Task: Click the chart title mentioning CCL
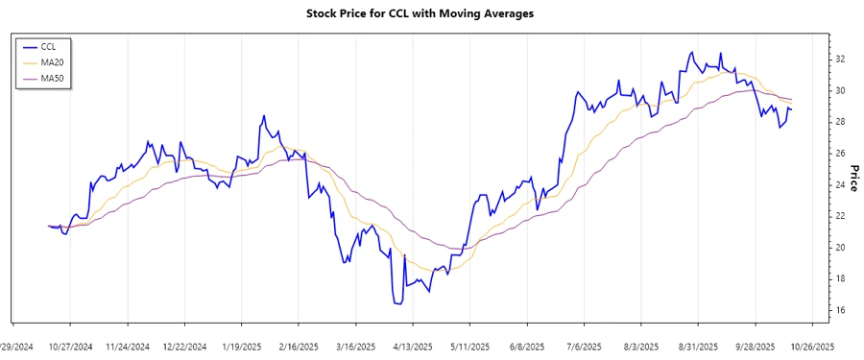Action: tap(432, 13)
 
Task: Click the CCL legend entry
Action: tap(49, 46)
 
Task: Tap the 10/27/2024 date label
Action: tap(71, 347)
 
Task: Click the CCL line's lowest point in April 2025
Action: tap(398, 304)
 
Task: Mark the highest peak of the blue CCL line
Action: tap(691, 52)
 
